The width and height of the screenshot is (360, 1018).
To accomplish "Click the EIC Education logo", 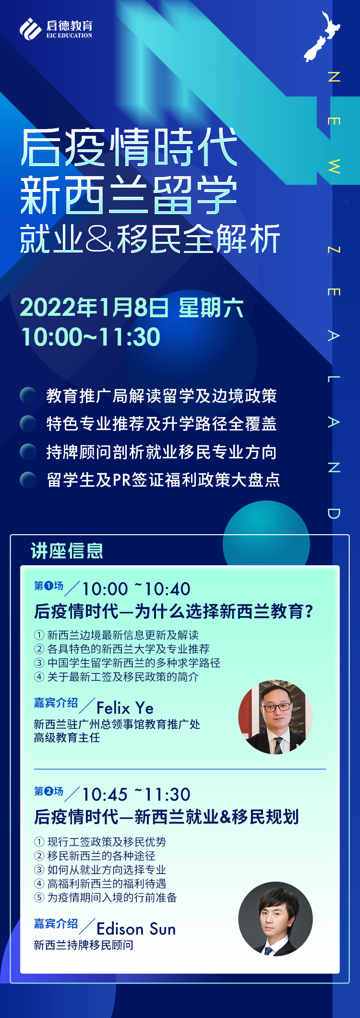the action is [56, 29].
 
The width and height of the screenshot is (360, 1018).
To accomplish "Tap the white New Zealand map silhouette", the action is [322, 37].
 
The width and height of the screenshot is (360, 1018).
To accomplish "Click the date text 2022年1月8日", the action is [94, 308].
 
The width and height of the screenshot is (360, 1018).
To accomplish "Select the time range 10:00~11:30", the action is [91, 336].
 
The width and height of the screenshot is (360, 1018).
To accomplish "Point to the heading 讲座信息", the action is [67, 551].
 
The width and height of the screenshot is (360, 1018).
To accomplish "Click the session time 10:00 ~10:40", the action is [136, 589].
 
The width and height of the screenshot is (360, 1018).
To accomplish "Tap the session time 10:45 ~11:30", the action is [136, 794].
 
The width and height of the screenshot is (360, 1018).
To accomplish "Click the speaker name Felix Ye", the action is [125, 708].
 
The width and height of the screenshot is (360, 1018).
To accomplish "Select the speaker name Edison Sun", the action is [136, 929].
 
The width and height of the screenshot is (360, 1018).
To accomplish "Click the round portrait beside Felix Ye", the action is [276, 717].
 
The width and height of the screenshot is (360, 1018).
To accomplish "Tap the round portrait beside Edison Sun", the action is [276, 919].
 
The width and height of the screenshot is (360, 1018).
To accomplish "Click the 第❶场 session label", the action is [48, 586].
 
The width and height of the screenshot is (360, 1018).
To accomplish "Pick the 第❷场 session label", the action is [48, 791].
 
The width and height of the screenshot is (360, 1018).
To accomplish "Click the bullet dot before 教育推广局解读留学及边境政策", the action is [28, 395].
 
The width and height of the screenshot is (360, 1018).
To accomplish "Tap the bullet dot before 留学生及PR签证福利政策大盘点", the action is [28, 479].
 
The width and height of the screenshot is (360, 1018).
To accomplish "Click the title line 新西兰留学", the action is [129, 194].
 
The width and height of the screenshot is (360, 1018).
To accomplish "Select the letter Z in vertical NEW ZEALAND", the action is [334, 250].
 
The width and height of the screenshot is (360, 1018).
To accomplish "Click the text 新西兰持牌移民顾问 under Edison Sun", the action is [84, 945].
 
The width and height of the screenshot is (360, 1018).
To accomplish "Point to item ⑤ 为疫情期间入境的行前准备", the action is [106, 897].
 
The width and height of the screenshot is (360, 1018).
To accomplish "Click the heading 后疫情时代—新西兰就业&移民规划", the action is [167, 816].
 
